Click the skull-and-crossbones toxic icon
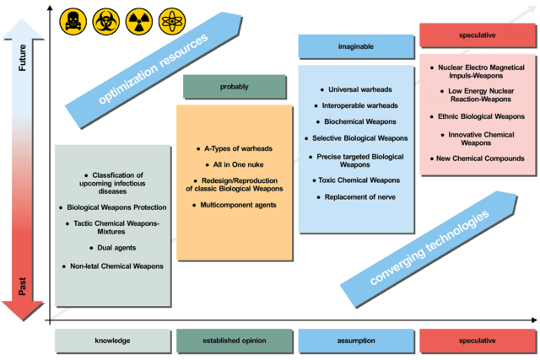coord(73,22)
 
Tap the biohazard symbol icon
coord(106,22)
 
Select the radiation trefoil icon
coord(138,22)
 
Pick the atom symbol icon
coord(172,22)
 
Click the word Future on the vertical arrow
coord(23,57)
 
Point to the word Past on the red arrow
coord(23,287)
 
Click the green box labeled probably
coord(235,87)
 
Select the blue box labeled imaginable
coord(356,46)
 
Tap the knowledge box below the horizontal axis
coord(112,341)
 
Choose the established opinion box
coord(235,341)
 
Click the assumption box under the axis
coord(356,341)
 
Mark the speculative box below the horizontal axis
coord(478,341)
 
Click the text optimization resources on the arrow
coord(154,69)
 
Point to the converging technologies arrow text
coord(429,248)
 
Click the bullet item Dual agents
coord(113,248)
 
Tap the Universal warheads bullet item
coord(356,89)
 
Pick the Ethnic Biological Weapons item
coord(478,116)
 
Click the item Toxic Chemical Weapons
coord(356,180)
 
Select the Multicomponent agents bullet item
coord(235,205)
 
